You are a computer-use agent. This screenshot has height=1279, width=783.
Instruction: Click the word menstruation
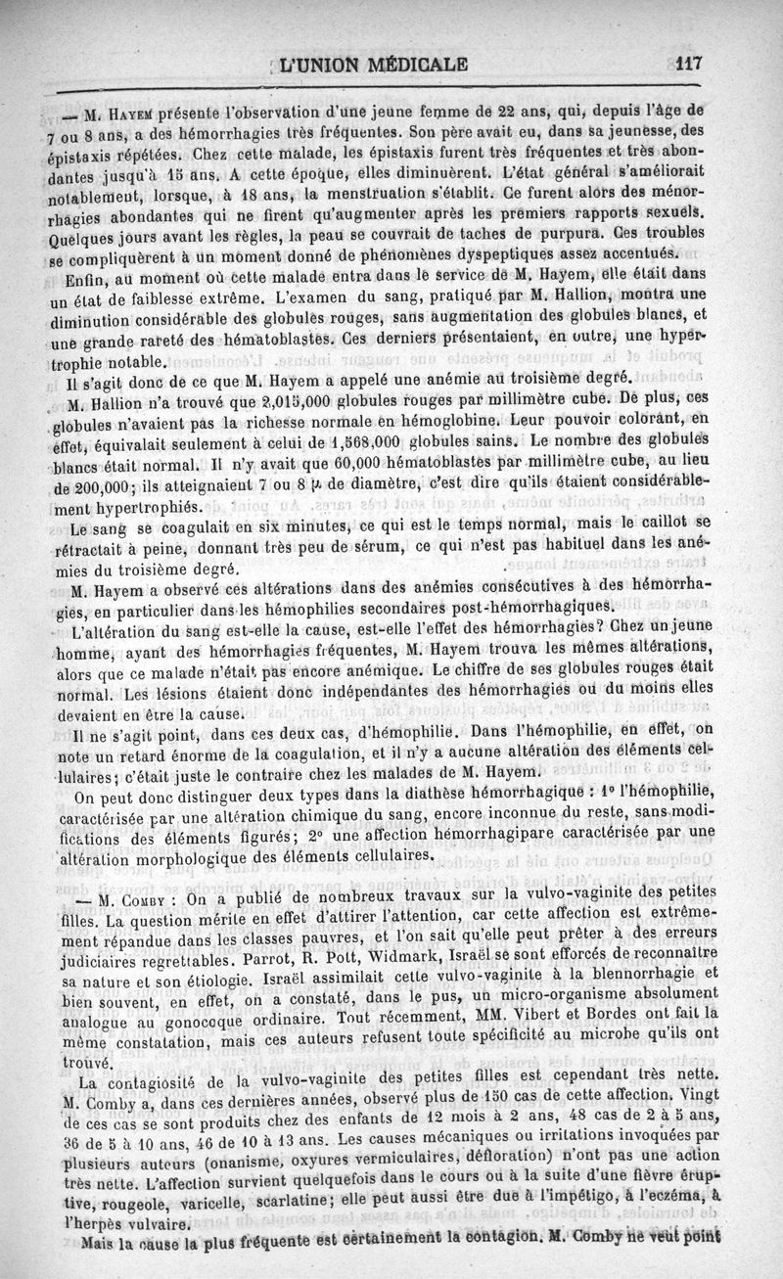pyautogui.click(x=383, y=194)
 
